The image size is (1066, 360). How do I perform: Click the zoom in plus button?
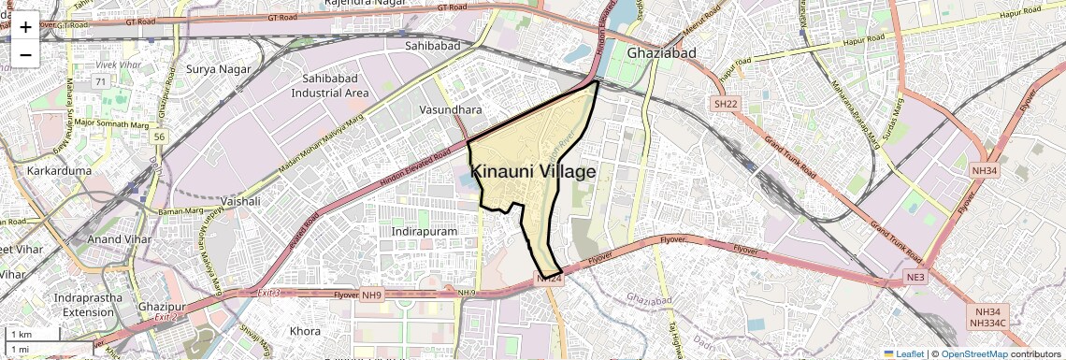tap(25, 26)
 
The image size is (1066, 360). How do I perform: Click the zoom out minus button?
tap(25, 54)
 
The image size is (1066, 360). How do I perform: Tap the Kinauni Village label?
tap(533, 172)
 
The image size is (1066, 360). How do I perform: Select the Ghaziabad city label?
tap(663, 54)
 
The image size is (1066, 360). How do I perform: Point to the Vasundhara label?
tap(451, 110)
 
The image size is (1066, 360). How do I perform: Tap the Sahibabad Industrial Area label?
tap(329, 86)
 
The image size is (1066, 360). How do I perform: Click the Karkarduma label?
tap(59, 172)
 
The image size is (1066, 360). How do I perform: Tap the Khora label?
tap(305, 331)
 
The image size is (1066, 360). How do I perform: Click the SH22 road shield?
tap(725, 103)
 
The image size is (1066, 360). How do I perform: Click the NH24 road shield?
tap(549, 278)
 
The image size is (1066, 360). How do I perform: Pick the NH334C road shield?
tap(987, 323)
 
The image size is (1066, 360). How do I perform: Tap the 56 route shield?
tap(160, 137)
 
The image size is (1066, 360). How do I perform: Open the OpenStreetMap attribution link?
tap(973, 353)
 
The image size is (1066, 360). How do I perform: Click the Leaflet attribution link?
tap(903, 353)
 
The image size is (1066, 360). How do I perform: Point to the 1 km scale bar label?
tap(21, 335)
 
